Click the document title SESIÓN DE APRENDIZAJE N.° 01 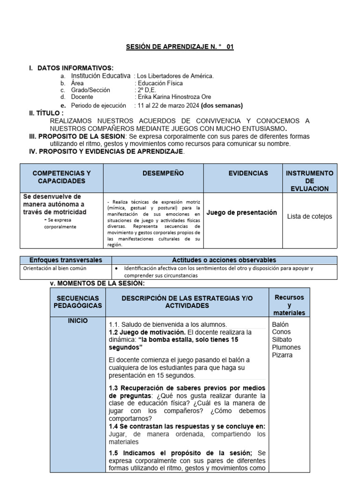point(180,47)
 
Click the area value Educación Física point(159,83)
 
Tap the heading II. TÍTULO point(46,113)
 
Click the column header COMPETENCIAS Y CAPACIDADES point(61,177)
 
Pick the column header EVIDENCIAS point(248,173)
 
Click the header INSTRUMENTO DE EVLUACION point(309,180)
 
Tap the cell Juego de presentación point(241,212)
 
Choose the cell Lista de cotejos point(309,216)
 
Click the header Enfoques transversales point(66,260)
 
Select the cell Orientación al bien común point(55,268)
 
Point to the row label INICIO point(77,321)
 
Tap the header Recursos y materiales point(289,305)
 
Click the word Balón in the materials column point(280,324)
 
